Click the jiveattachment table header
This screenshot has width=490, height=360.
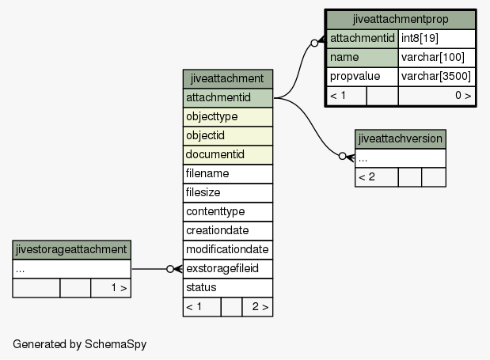click(227, 78)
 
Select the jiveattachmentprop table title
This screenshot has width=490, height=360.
click(401, 19)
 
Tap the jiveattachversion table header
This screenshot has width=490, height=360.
click(401, 139)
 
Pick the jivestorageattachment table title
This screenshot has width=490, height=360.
click(71, 249)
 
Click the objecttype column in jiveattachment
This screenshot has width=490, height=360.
click(227, 117)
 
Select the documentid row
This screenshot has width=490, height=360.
click(227, 154)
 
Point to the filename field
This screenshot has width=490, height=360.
click(227, 173)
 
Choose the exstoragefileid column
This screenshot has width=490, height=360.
click(227, 268)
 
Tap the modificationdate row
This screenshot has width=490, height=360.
click(227, 249)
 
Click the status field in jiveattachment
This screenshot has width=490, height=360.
click(227, 287)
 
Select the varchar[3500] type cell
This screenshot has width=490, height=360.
click(436, 77)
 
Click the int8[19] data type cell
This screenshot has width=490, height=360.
click(436, 39)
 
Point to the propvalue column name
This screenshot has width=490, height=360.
click(363, 77)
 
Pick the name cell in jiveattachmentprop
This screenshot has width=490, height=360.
click(363, 58)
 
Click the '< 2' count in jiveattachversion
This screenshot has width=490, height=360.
click(367, 177)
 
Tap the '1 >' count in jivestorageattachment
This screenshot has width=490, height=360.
click(119, 287)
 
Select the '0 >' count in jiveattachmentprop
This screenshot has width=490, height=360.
click(463, 95)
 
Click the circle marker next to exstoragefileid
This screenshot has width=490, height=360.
click(170, 269)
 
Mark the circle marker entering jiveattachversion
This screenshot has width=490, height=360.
click(343, 156)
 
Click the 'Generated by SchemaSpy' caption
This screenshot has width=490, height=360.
click(80, 344)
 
